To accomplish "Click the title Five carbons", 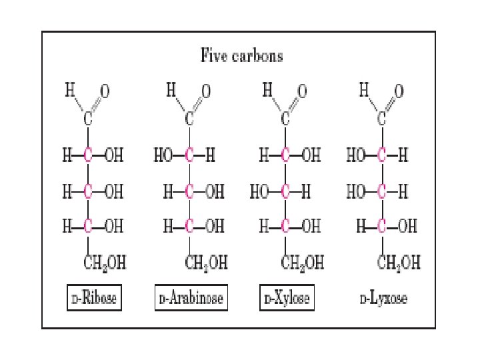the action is click(241, 55).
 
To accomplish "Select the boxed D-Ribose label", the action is click(93, 298).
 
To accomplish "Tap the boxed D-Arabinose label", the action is click(191, 298).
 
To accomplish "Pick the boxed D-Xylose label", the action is click(286, 298).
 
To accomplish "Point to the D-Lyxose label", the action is click(383, 298).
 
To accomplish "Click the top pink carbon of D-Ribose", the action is click(87, 156).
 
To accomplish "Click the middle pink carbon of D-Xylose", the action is click(285, 192).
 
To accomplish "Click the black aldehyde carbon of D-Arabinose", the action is click(189, 120).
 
